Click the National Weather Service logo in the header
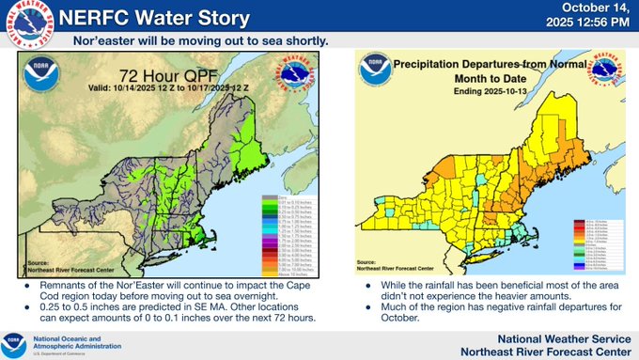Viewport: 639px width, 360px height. (x=26, y=25)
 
